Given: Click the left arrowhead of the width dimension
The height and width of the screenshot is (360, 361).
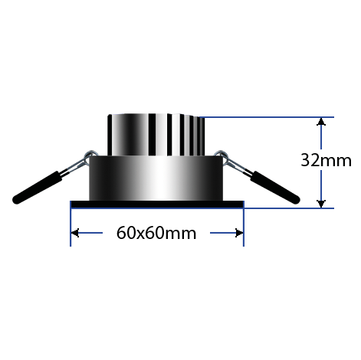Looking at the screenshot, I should [76, 233].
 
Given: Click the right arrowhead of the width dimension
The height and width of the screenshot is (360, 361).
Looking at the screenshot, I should [238, 233].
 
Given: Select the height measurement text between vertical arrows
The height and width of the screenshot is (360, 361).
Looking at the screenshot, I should [323, 162].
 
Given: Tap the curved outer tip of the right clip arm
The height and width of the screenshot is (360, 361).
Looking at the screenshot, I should [304, 201].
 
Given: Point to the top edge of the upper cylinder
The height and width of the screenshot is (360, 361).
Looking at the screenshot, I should [157, 116].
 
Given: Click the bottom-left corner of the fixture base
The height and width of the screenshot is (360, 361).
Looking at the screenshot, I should [74, 203].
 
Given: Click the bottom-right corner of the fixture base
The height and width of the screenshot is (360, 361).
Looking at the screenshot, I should [240, 203].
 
